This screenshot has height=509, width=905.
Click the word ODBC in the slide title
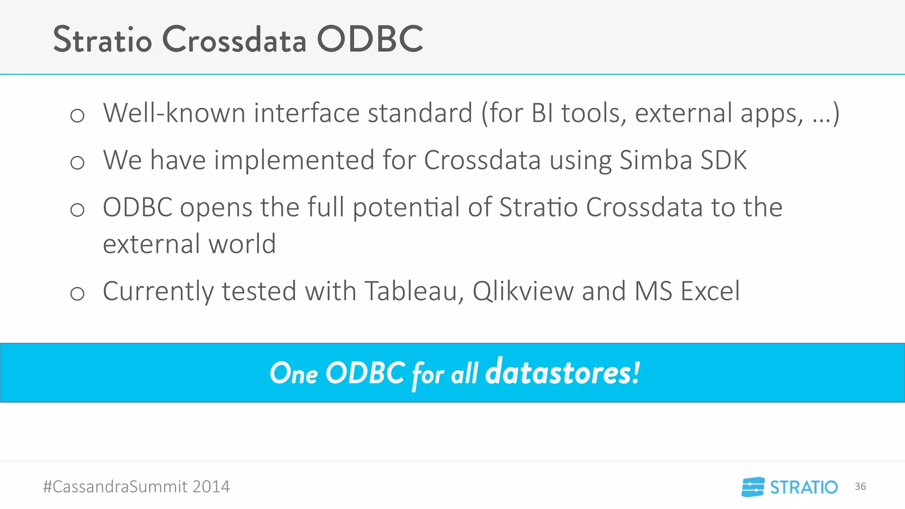370,39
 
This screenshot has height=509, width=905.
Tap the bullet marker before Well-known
77,116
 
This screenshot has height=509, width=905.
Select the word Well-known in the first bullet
174,113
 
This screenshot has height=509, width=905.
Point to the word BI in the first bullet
542,113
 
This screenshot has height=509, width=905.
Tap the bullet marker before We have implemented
77,163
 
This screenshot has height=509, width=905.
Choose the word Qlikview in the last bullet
523,292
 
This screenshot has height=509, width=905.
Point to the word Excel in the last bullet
710,291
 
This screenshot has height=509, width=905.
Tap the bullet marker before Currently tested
77,293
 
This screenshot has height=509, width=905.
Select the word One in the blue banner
294,373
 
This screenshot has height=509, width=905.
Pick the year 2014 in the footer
211,486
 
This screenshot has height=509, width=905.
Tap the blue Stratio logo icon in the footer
753,487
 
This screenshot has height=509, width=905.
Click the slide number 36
860,486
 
